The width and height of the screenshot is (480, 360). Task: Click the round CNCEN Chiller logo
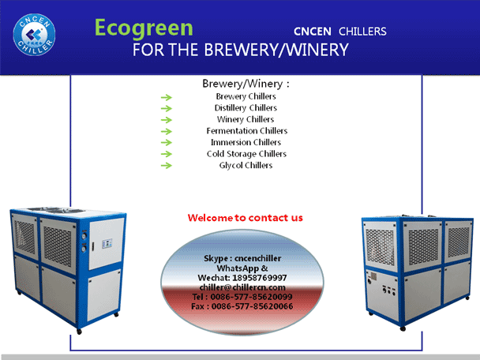pyautogui.click(x=34, y=34)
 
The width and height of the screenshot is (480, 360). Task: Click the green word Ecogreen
pyautogui.click(x=144, y=28)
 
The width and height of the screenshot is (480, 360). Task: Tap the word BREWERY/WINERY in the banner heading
pyautogui.click(x=276, y=50)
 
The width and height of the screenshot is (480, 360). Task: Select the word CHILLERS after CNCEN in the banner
pyautogui.click(x=362, y=32)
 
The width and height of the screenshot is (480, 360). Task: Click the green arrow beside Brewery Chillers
pyautogui.click(x=167, y=97)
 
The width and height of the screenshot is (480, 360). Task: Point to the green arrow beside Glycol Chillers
pyautogui.click(x=167, y=166)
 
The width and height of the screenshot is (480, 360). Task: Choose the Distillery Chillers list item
pyautogui.click(x=246, y=107)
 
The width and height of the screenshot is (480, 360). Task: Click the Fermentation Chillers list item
pyautogui.click(x=247, y=131)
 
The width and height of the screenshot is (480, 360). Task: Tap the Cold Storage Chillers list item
pyautogui.click(x=246, y=154)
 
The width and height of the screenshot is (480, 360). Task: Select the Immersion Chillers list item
pyautogui.click(x=246, y=142)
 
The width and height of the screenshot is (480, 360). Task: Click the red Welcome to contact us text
pyautogui.click(x=246, y=218)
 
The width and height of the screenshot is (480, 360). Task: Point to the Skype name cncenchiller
pyautogui.click(x=257, y=258)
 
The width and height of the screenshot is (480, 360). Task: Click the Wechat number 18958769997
pyautogui.click(x=259, y=278)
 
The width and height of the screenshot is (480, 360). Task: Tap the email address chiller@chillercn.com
pyautogui.click(x=242, y=287)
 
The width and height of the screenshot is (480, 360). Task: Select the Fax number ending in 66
pyautogui.click(x=252, y=306)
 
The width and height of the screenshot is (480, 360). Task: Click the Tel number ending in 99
pyautogui.click(x=251, y=297)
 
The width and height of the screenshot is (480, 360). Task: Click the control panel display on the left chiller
pyautogui.click(x=107, y=244)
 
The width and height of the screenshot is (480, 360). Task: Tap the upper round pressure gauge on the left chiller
pyautogui.click(x=84, y=236)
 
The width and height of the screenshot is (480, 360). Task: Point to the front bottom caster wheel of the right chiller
pyautogui.click(x=403, y=328)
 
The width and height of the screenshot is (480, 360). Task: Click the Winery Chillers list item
pyautogui.click(x=246, y=119)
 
